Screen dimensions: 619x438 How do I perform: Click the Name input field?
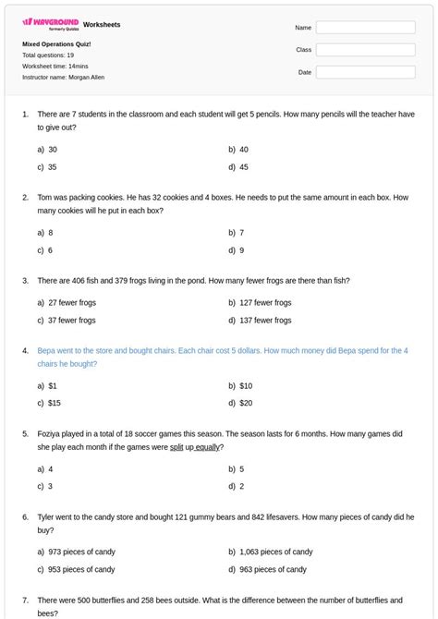(365, 28)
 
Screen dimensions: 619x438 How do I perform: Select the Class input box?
(365, 50)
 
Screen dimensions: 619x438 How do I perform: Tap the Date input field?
(365, 72)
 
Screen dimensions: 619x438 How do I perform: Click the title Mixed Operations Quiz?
(56, 43)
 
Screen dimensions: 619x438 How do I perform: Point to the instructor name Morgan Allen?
(84, 78)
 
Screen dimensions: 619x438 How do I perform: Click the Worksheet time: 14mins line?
(55, 67)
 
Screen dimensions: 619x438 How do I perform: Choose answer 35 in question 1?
(52, 167)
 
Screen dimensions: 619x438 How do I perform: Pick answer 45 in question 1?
(243, 167)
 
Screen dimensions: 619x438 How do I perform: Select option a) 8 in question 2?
(50, 233)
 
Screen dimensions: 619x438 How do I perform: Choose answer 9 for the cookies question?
(241, 250)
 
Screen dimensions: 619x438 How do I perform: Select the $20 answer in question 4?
(245, 403)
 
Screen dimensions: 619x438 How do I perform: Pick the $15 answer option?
(54, 403)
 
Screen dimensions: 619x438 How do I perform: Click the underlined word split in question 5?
(176, 447)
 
